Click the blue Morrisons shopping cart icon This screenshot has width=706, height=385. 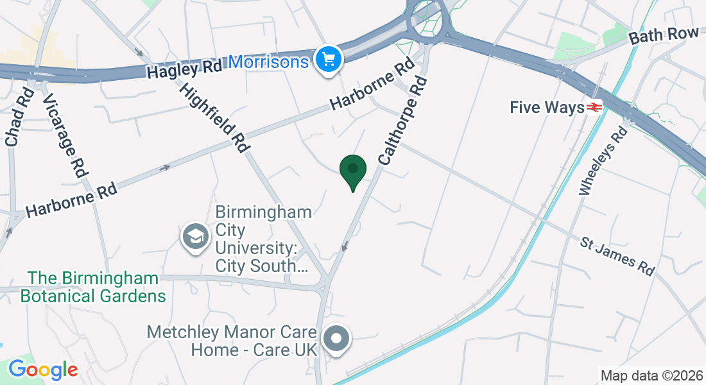329,60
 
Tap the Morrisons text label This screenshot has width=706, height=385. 268,62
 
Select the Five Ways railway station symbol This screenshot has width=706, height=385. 594,107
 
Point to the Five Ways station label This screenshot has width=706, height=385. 546,107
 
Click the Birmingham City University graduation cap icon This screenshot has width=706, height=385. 195,237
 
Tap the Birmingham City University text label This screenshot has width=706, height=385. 263,239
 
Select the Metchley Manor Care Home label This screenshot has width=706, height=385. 232,341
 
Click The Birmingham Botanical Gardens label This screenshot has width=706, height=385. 93,287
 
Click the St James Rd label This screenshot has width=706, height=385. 617,256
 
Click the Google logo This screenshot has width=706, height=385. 43,369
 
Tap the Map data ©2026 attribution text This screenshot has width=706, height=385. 651,375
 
